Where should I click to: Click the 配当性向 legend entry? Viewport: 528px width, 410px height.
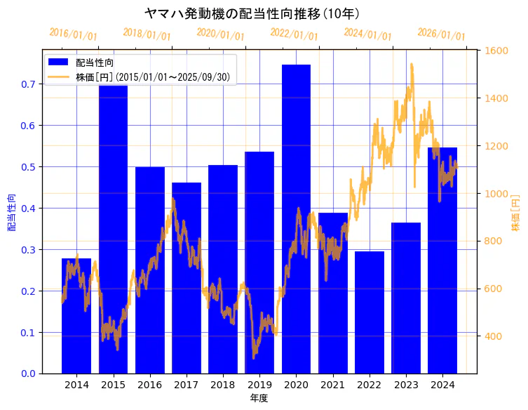click(x=95, y=63)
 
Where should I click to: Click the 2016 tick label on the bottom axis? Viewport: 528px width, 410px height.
click(x=149, y=385)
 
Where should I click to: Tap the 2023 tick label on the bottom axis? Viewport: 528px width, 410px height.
click(x=406, y=385)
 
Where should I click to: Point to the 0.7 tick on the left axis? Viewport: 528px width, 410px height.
click(x=29, y=84)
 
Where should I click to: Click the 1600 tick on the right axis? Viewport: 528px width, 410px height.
click(x=496, y=51)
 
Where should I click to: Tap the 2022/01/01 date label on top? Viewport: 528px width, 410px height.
click(x=294, y=34)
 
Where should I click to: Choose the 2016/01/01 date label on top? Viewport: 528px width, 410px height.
click(x=73, y=34)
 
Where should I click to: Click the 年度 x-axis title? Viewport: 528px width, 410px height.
click(x=259, y=398)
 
